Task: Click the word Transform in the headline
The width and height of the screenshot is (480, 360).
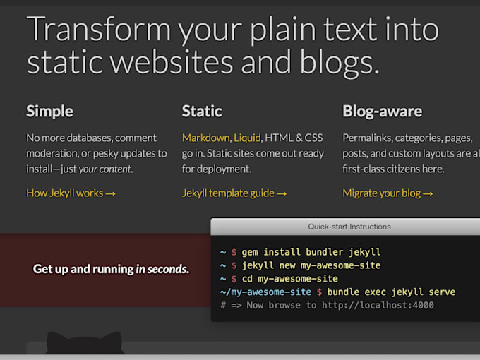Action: point(99,29)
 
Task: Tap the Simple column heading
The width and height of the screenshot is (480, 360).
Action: point(49,112)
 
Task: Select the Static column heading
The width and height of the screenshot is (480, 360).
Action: point(202,111)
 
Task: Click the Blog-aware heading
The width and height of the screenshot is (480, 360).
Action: point(383,112)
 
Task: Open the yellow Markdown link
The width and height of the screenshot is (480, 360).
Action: point(205,138)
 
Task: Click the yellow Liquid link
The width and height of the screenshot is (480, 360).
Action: point(247,138)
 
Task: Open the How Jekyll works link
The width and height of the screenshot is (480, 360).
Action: point(71,193)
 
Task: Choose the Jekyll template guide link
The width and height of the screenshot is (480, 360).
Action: point(234,193)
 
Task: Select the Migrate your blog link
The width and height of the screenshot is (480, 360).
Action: point(388,193)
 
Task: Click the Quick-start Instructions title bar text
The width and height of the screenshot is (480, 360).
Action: point(349,227)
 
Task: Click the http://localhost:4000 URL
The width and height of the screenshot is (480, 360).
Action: point(378,305)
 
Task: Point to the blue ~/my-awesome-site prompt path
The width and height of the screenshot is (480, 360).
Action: point(265,292)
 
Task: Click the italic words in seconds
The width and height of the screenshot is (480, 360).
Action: point(162,269)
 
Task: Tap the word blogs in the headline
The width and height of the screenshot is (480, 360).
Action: point(339,63)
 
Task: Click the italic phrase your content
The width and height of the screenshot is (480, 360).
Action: point(105,169)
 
